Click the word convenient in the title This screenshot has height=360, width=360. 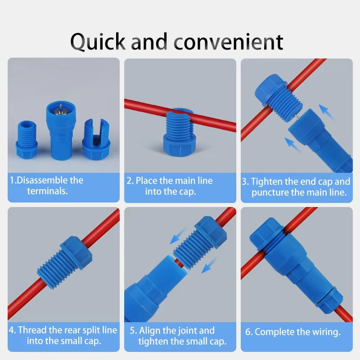[x=229, y=41]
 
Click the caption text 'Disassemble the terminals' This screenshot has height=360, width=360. [x=47, y=185]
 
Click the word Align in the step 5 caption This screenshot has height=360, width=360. [x=150, y=331]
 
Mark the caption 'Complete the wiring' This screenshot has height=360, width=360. [x=293, y=333]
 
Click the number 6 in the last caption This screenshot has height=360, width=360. [x=248, y=333]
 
